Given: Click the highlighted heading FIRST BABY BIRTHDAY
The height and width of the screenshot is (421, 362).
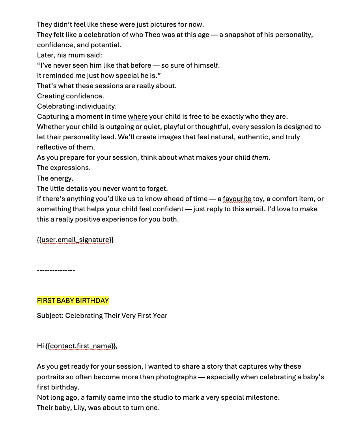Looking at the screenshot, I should (x=73, y=301).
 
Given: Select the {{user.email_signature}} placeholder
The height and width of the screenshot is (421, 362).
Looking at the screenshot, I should (x=75, y=240).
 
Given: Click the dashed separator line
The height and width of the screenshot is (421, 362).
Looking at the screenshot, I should (x=56, y=270).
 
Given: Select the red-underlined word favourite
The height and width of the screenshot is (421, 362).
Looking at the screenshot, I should (x=237, y=199).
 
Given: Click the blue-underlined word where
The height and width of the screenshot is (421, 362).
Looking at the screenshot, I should (x=138, y=116).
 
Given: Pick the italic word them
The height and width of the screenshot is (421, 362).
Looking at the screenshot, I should (x=260, y=157).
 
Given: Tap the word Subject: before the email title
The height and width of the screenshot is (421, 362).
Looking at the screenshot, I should (x=50, y=316).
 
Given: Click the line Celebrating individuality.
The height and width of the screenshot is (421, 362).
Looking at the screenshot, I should (x=77, y=106).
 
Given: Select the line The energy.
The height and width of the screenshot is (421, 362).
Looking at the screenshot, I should (x=55, y=178).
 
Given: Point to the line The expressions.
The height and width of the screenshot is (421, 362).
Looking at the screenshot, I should (x=63, y=168).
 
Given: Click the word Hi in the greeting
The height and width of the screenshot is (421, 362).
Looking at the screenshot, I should (x=40, y=346).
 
